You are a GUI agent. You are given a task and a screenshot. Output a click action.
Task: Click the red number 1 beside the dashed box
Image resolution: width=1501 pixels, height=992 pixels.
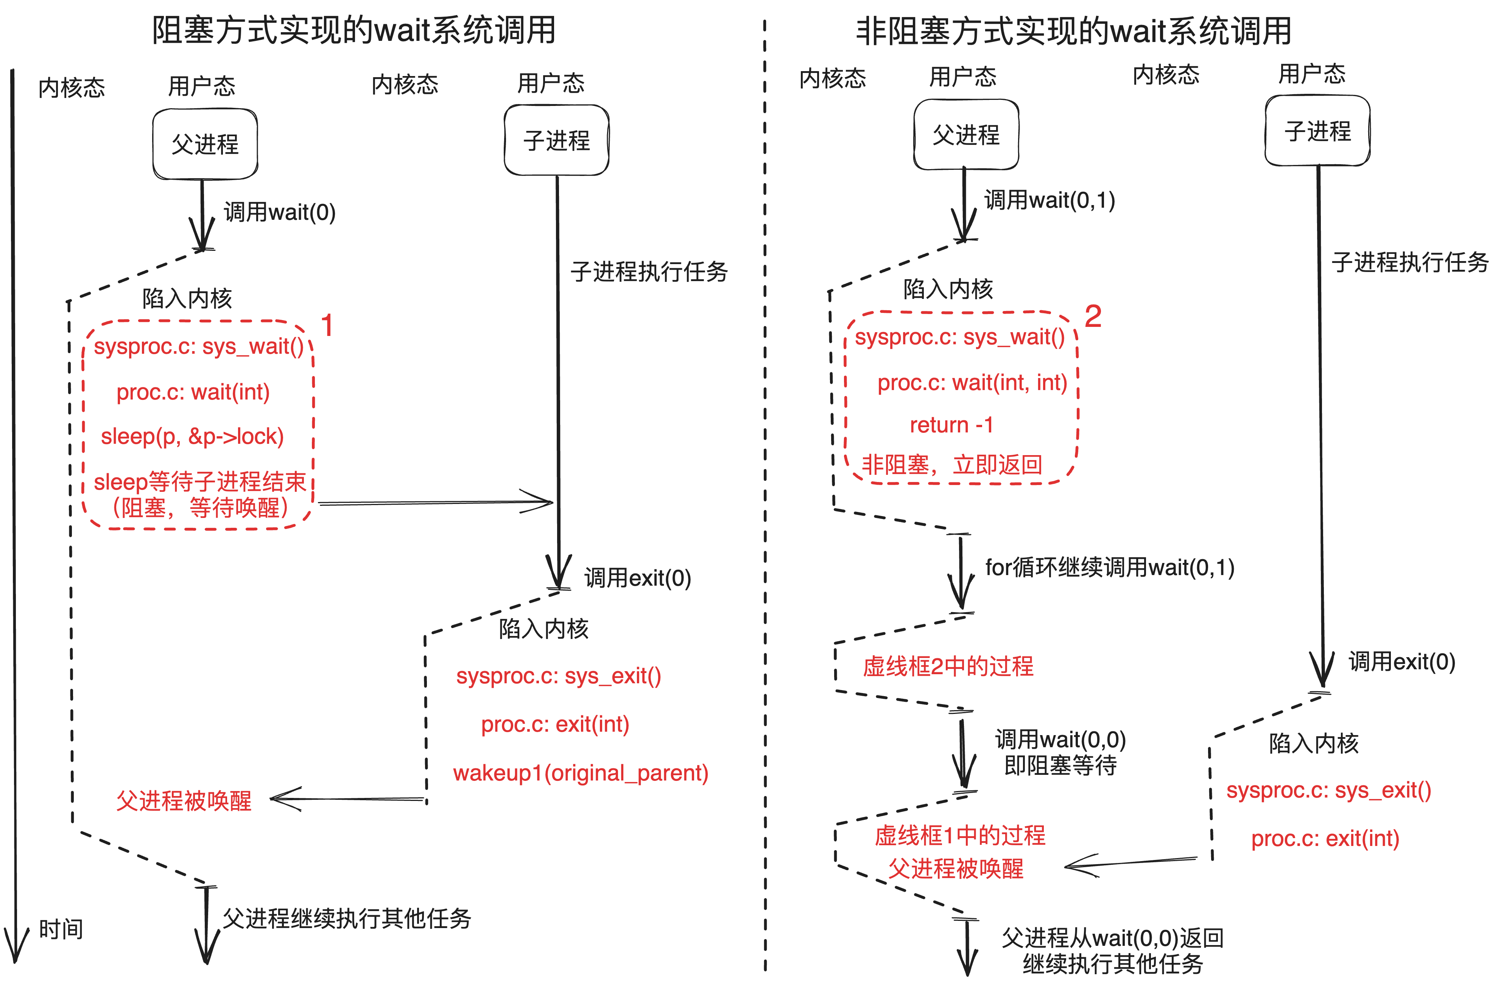tap(327, 325)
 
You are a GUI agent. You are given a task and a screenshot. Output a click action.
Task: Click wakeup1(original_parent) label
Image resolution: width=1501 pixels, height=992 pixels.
tap(580, 773)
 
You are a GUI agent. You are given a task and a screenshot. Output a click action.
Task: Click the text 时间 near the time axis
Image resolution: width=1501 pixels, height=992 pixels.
tap(61, 929)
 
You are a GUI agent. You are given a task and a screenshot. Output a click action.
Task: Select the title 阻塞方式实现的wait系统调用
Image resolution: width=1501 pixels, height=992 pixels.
tap(354, 30)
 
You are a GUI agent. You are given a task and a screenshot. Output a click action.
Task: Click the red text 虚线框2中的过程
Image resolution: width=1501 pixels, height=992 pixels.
tap(948, 666)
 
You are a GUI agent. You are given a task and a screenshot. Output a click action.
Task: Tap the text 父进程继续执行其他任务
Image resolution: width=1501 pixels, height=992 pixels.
tap(347, 918)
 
